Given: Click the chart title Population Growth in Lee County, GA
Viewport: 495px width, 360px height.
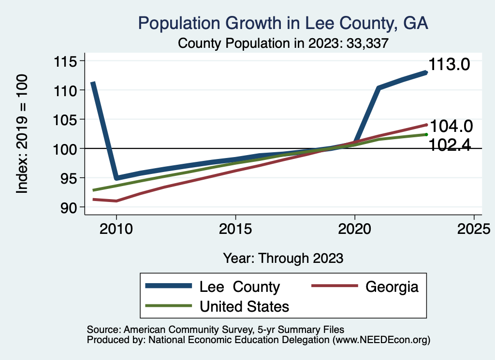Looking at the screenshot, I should (283, 23).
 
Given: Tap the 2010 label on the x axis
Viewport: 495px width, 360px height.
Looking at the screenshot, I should (116, 229).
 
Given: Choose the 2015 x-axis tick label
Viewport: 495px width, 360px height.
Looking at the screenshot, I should (235, 229).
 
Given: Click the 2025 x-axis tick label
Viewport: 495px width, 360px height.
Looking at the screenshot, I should (473, 229).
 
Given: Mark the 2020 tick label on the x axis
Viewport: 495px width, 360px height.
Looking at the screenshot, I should (354, 229).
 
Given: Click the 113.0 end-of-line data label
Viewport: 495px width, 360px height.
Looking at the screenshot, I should (450, 65).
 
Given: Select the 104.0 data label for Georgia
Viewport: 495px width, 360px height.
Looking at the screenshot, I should (451, 126).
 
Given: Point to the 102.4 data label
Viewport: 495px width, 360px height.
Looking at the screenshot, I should (451, 144).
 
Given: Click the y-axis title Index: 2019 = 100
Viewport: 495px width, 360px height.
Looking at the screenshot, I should (22, 134).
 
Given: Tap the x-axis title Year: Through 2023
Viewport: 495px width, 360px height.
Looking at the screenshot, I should (283, 258).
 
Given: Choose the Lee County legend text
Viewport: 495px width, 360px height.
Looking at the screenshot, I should (240, 287).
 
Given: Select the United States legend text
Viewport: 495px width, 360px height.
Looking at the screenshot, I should (244, 306).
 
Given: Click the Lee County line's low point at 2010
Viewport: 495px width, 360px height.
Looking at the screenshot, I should (116, 178).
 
